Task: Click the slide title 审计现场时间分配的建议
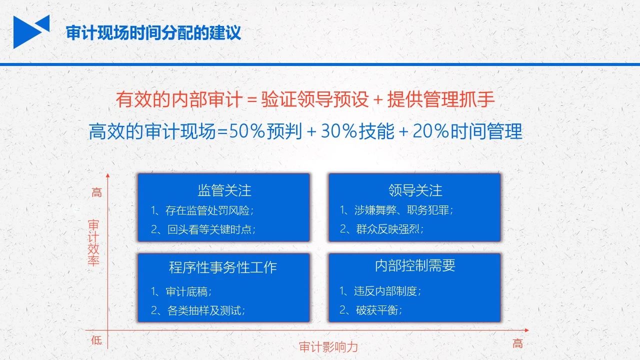point(153,33)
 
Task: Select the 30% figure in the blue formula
point(339,131)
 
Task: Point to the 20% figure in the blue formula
point(431,131)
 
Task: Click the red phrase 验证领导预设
point(315,99)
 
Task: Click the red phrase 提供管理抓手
point(441,99)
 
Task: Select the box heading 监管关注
point(224,190)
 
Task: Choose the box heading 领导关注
point(415,190)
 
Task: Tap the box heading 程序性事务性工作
point(223,267)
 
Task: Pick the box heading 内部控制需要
point(415,265)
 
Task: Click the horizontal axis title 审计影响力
point(328,347)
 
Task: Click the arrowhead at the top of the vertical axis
point(107,175)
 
